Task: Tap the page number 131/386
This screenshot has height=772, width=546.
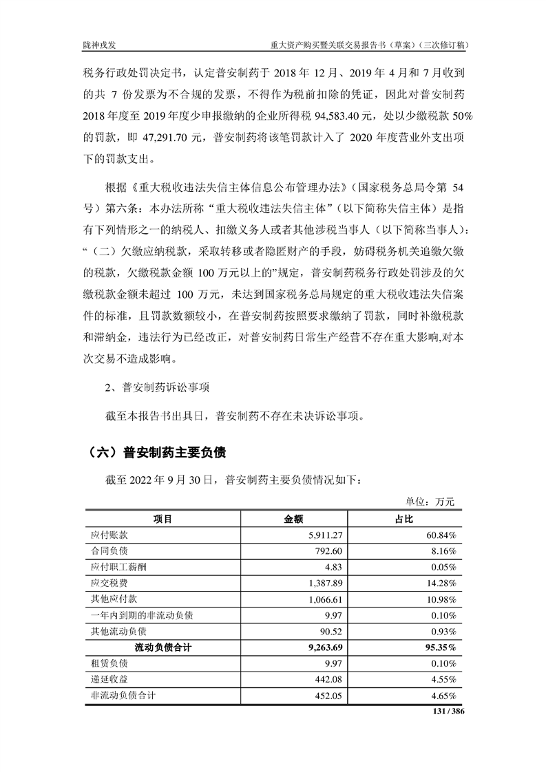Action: tap(448, 711)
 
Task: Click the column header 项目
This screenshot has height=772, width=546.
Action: tap(162, 518)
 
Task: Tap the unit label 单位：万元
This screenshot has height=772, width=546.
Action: tap(432, 502)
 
